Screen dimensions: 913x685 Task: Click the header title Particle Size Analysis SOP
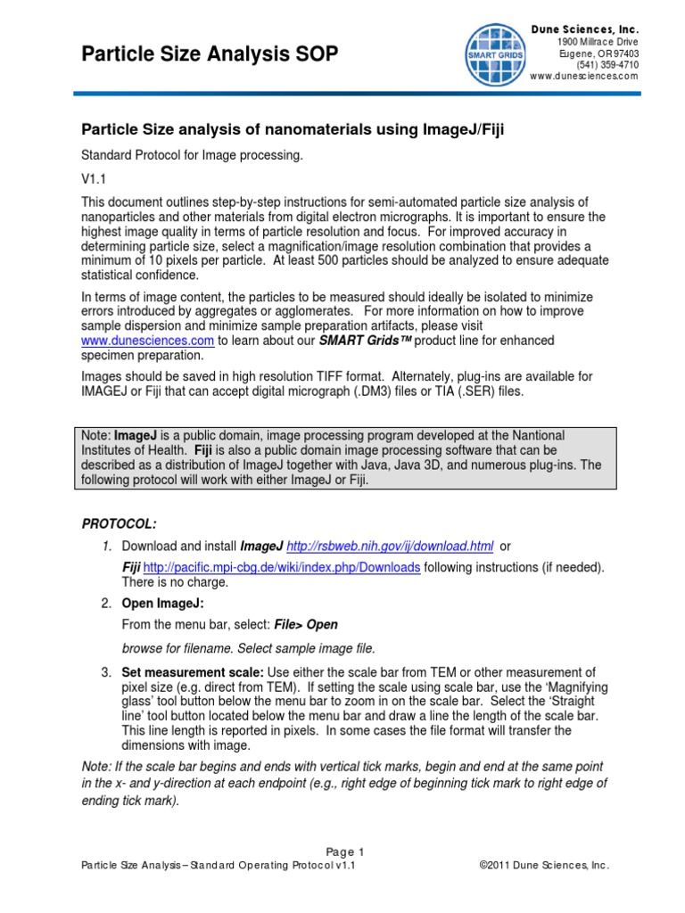coord(210,55)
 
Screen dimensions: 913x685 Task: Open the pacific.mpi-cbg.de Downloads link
coord(282,568)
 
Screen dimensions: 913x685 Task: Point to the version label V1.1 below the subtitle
coord(93,178)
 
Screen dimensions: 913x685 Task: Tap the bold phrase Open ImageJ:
coord(163,604)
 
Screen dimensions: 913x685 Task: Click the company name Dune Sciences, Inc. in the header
coord(585,29)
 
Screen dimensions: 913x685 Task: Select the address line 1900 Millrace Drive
coord(598,42)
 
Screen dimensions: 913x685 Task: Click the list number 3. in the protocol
coord(106,671)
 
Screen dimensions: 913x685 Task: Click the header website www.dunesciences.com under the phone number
coord(584,76)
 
